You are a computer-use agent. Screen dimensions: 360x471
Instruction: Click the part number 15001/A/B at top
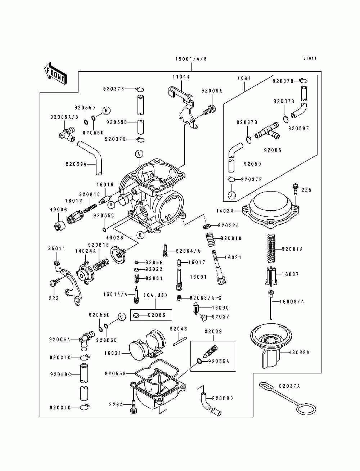(191, 59)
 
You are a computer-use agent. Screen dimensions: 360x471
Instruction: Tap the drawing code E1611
(310, 58)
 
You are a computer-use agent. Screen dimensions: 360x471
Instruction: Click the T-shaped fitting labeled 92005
(267, 131)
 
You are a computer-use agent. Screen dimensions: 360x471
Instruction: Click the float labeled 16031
(147, 347)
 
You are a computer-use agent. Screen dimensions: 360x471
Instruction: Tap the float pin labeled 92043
(180, 341)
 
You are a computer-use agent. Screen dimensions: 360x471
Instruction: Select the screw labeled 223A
(133, 407)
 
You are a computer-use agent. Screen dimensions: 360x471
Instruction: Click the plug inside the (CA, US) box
(136, 315)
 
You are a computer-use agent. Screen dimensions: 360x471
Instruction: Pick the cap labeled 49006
(59, 225)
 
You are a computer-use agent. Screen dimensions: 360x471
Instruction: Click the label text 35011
(57, 248)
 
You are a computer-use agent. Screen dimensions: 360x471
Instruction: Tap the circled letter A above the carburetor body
(139, 154)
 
